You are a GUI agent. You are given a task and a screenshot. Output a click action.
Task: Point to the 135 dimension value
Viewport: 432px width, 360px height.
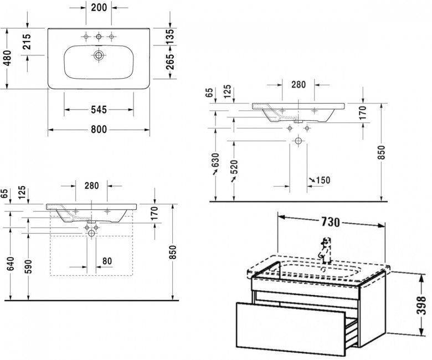pyautogui.click(x=170, y=35)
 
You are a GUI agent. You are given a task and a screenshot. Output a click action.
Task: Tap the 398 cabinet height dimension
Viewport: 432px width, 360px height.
pyautogui.click(x=423, y=303)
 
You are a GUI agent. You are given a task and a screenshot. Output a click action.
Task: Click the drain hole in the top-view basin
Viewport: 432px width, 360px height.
pyautogui.click(x=99, y=55)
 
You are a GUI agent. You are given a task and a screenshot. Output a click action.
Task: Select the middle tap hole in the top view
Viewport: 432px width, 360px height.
pyautogui.click(x=99, y=37)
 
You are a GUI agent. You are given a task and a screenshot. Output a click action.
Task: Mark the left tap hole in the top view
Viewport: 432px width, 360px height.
pyautogui.click(x=85, y=37)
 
